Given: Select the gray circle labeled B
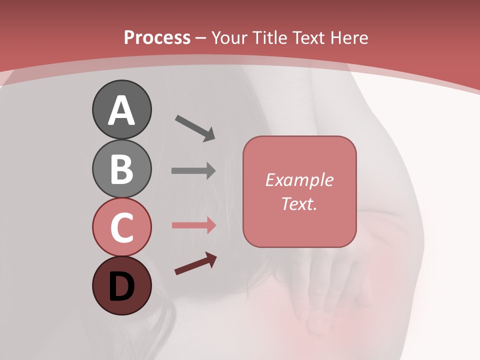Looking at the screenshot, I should tap(121, 168).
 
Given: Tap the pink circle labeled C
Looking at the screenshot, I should tap(121, 227).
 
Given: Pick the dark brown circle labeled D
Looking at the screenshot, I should tap(121, 285).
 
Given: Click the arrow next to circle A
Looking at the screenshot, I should tap(195, 128).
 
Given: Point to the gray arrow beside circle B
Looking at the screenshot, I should tap(193, 171).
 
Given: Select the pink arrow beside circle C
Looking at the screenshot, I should tap(193, 225).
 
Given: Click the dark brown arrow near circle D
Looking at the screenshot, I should tap(195, 264).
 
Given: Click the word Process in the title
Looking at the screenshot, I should tap(157, 37).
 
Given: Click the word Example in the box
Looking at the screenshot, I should tap(299, 180).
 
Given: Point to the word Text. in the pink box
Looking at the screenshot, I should tap(299, 203).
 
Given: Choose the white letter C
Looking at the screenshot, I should tap(121, 228).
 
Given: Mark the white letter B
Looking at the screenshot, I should tap(121, 169).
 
